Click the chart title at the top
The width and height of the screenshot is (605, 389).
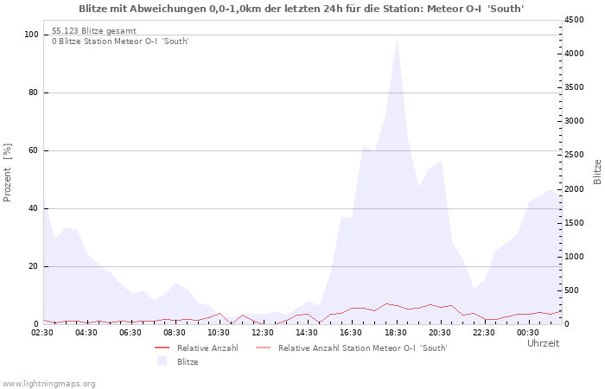pyautogui.click(x=301, y=9)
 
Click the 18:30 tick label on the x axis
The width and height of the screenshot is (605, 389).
pyautogui.click(x=396, y=332)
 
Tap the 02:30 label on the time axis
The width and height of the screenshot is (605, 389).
pyautogui.click(x=43, y=332)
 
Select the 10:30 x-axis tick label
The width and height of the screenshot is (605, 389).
pyautogui.click(x=220, y=332)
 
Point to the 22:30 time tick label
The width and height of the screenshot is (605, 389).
pyautogui.click(x=484, y=332)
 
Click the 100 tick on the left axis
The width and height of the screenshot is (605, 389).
pyautogui.click(x=32, y=35)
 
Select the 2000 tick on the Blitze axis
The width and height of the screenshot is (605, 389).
pyautogui.click(x=576, y=189)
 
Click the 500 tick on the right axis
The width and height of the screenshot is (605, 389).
pyautogui.click(x=573, y=290)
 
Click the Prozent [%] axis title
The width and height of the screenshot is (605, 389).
pyautogui.click(x=8, y=173)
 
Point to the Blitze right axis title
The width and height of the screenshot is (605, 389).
pyautogui.click(x=597, y=171)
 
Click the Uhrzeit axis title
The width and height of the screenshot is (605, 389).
pyautogui.click(x=543, y=343)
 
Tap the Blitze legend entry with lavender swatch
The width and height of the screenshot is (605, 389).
pyautogui.click(x=188, y=362)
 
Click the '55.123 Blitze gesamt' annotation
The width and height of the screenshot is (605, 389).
pyautogui.click(x=93, y=30)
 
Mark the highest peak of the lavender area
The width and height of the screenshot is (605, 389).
pyautogui.click(x=397, y=38)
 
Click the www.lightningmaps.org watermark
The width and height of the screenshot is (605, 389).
pyautogui.click(x=48, y=383)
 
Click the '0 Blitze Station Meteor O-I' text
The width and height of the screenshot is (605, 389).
pyautogui.click(x=120, y=41)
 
